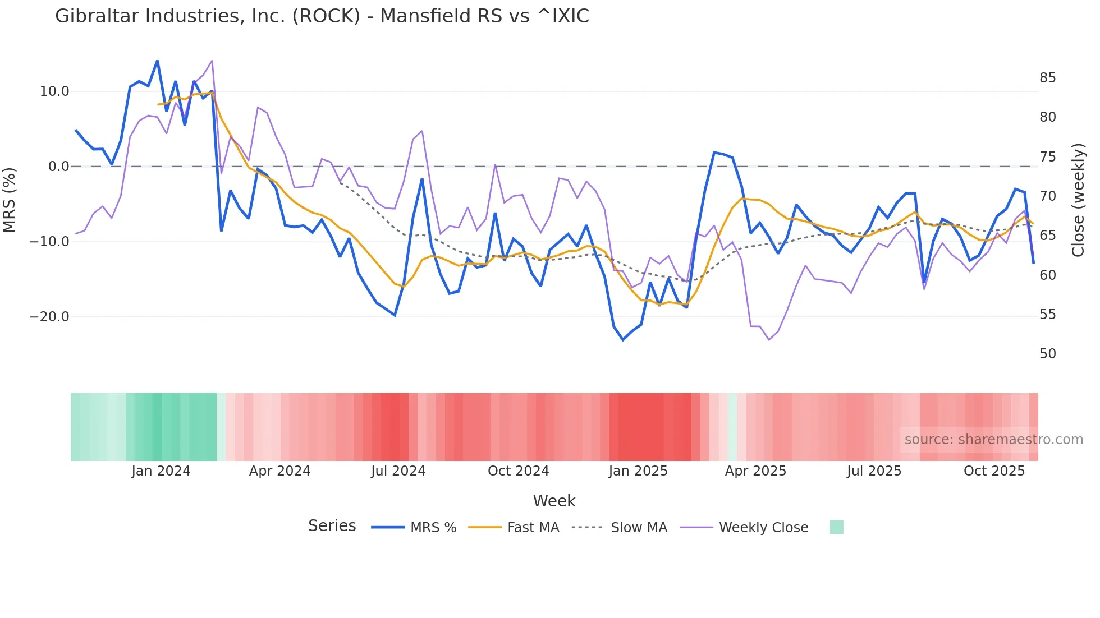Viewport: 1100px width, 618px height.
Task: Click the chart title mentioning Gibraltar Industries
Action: click(x=322, y=16)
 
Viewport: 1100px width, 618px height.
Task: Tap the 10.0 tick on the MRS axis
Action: click(x=54, y=91)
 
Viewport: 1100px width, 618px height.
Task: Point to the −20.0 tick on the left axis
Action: click(x=49, y=317)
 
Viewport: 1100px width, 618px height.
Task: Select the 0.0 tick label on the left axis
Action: click(x=59, y=167)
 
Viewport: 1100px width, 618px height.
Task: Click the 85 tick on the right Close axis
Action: click(x=1047, y=78)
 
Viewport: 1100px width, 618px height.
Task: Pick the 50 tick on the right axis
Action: click(x=1047, y=354)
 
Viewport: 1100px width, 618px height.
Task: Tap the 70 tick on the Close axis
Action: click(x=1047, y=196)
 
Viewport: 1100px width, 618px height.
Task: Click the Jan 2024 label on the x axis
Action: click(x=161, y=471)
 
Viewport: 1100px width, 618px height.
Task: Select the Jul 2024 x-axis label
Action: click(x=398, y=471)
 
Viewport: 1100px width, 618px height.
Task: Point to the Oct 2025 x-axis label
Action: click(x=994, y=471)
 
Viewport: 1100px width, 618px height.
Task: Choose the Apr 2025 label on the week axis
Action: click(x=755, y=471)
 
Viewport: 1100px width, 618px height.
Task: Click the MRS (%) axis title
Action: click(x=10, y=200)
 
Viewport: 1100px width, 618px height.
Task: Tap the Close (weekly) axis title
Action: click(x=1078, y=200)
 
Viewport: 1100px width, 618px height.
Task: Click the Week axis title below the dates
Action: click(x=554, y=501)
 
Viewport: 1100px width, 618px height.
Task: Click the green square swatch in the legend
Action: click(x=836, y=527)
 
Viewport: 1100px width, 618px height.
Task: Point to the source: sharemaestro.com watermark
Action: click(x=993, y=440)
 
